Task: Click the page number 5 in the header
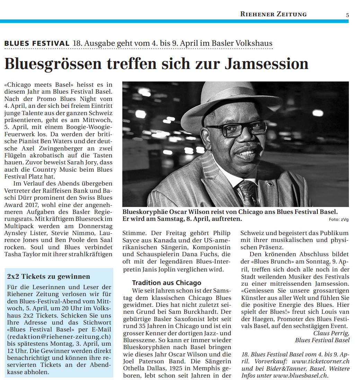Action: (347, 15)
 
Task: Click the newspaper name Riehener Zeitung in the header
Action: (273, 14)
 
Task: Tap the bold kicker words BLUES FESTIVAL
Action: (37, 44)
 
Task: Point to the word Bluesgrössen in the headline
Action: (53, 63)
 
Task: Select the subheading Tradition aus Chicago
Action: (167, 283)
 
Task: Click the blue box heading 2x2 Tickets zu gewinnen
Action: (49, 276)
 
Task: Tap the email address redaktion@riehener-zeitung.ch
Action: (59, 337)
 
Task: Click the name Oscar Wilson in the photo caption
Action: (191, 211)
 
